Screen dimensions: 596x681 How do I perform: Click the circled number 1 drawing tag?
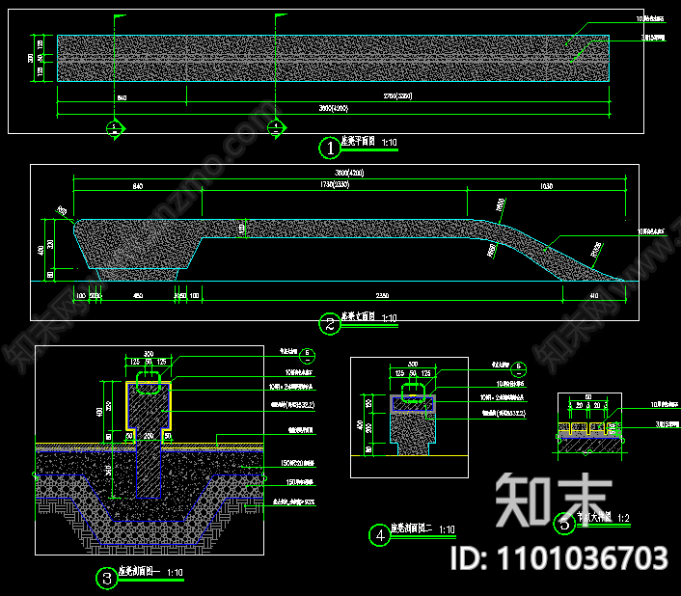point(331,148)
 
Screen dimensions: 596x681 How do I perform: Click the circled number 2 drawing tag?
point(330,324)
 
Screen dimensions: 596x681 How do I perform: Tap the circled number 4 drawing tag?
point(382,533)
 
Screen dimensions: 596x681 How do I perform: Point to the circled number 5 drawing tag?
point(564,525)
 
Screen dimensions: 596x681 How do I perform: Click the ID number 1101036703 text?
point(560,557)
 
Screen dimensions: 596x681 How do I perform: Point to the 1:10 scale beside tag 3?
point(176,573)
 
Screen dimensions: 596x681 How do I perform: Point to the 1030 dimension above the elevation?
point(546,185)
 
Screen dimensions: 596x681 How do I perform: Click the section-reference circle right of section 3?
point(306,354)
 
